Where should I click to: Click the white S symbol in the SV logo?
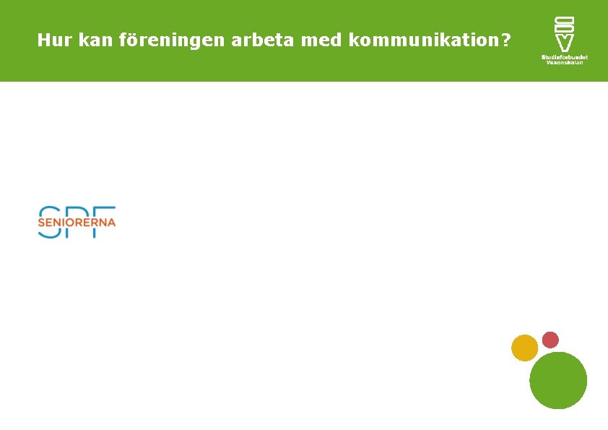pos(565,23)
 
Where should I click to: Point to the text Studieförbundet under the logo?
pos(565,56)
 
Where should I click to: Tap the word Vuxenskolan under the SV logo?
pos(565,62)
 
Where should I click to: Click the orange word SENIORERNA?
pos(77,223)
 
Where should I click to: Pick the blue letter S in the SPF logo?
pos(48,214)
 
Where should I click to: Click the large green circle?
pos(558,380)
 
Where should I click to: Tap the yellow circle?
pos(525,348)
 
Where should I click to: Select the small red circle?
pos(550,340)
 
